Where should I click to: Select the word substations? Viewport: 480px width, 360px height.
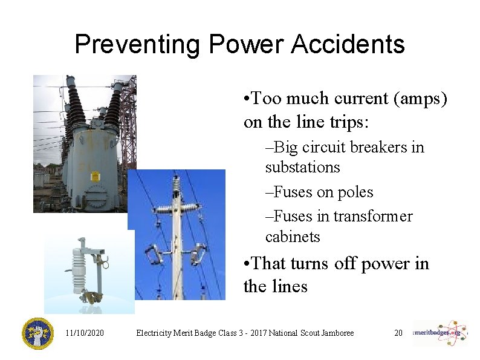coord(303,167)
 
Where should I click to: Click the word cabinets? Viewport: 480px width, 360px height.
coord(293,237)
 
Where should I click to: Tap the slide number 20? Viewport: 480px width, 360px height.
coord(398,333)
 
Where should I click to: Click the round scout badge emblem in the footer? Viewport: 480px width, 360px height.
coord(37,333)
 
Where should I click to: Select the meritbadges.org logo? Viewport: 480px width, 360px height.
coord(441,333)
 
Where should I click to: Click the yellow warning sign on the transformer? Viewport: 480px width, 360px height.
coord(95,176)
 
